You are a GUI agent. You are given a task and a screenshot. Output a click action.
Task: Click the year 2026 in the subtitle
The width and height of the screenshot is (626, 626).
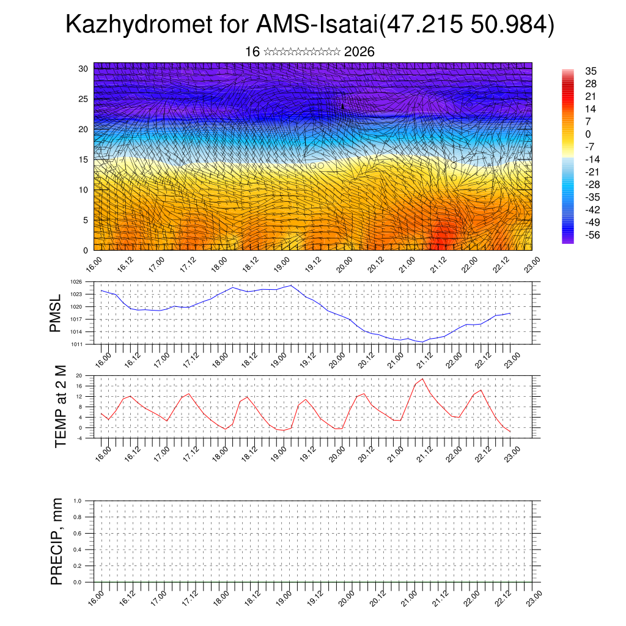tap(359, 52)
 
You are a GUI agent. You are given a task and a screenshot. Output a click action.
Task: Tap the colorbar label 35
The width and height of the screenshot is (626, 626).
tap(590, 71)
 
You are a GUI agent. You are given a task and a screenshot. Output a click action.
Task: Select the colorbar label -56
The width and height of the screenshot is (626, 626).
tap(592, 236)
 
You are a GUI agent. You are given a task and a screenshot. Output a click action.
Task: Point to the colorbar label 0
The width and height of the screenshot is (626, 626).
tap(587, 134)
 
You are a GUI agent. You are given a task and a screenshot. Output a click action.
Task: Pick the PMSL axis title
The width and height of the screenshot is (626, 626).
tap(56, 313)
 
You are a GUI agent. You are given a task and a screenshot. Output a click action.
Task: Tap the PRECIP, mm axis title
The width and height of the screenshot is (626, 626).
tap(57, 541)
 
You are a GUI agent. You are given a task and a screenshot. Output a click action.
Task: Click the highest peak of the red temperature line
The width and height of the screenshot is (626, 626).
tap(422, 379)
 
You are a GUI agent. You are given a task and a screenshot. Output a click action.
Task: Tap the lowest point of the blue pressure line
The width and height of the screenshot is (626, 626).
tap(422, 342)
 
